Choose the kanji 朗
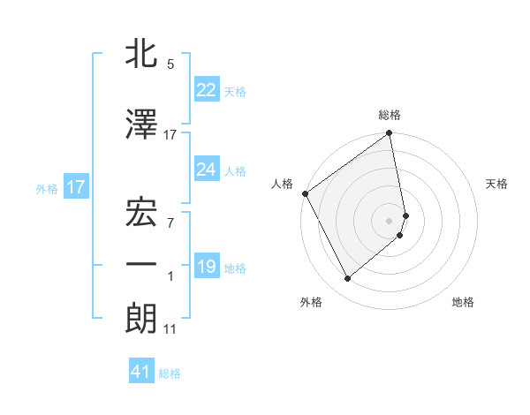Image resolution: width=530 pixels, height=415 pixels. click(142, 318)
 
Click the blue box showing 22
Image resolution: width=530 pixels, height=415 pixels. click(206, 89)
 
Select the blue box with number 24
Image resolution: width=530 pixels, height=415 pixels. click(206, 170)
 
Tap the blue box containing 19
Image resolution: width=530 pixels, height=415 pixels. click(206, 267)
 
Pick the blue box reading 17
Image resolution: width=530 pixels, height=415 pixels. click(75, 187)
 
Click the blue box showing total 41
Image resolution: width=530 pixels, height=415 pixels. click(141, 373)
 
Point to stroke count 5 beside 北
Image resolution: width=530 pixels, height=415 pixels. click(170, 64)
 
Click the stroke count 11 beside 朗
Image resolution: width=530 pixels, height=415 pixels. click(170, 330)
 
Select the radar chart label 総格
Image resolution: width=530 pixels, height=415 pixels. click(390, 115)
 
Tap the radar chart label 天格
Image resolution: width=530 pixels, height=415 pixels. click(496, 184)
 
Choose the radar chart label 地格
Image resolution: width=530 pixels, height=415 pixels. click(463, 302)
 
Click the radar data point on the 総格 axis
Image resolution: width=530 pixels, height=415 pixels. click(390, 134)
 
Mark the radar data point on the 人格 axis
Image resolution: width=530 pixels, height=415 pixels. click(305, 193)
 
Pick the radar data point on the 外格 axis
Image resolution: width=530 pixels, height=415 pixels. click(347, 279)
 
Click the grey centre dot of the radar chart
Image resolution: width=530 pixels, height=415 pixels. click(390, 220)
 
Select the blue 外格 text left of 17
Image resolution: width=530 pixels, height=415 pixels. click(47, 188)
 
